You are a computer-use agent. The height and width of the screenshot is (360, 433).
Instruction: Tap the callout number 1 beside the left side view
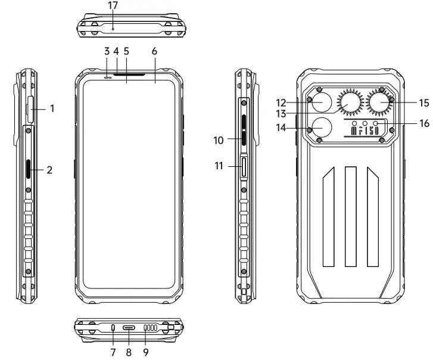point(52,108)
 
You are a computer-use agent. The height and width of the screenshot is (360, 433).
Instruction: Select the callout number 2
point(51,170)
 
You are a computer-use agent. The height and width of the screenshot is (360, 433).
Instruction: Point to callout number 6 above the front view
point(154,51)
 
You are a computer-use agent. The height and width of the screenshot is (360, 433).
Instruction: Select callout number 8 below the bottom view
point(129,352)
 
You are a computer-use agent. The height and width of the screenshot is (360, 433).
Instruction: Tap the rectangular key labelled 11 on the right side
point(244,167)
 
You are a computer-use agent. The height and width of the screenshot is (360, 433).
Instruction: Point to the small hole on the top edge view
point(113,28)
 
